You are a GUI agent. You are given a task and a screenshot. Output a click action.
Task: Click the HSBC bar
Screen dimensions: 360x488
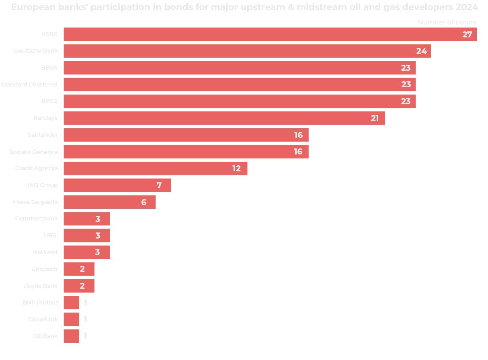[x=270, y=34]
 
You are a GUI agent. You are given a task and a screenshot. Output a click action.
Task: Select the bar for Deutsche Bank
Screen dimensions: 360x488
[x=247, y=51]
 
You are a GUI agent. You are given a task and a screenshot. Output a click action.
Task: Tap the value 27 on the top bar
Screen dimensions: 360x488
[x=467, y=35]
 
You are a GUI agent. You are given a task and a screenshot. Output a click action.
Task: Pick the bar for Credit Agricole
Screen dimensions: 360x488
[x=155, y=169]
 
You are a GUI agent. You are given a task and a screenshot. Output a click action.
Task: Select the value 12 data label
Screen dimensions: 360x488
[x=236, y=169]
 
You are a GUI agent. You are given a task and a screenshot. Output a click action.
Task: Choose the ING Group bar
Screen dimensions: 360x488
[x=117, y=185]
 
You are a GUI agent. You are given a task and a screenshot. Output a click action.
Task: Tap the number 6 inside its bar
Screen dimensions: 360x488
[x=144, y=202]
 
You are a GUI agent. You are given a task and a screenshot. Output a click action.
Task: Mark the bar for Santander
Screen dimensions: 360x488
[x=186, y=135]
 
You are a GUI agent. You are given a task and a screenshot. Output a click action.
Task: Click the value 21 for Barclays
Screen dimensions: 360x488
[x=375, y=118]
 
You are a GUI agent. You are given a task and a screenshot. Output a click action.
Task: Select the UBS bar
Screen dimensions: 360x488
[x=86, y=236]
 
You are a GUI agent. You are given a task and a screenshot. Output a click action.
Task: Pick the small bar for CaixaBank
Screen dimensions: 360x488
[x=71, y=319]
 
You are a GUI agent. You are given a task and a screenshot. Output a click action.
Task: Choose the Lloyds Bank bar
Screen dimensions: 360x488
[x=79, y=286]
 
